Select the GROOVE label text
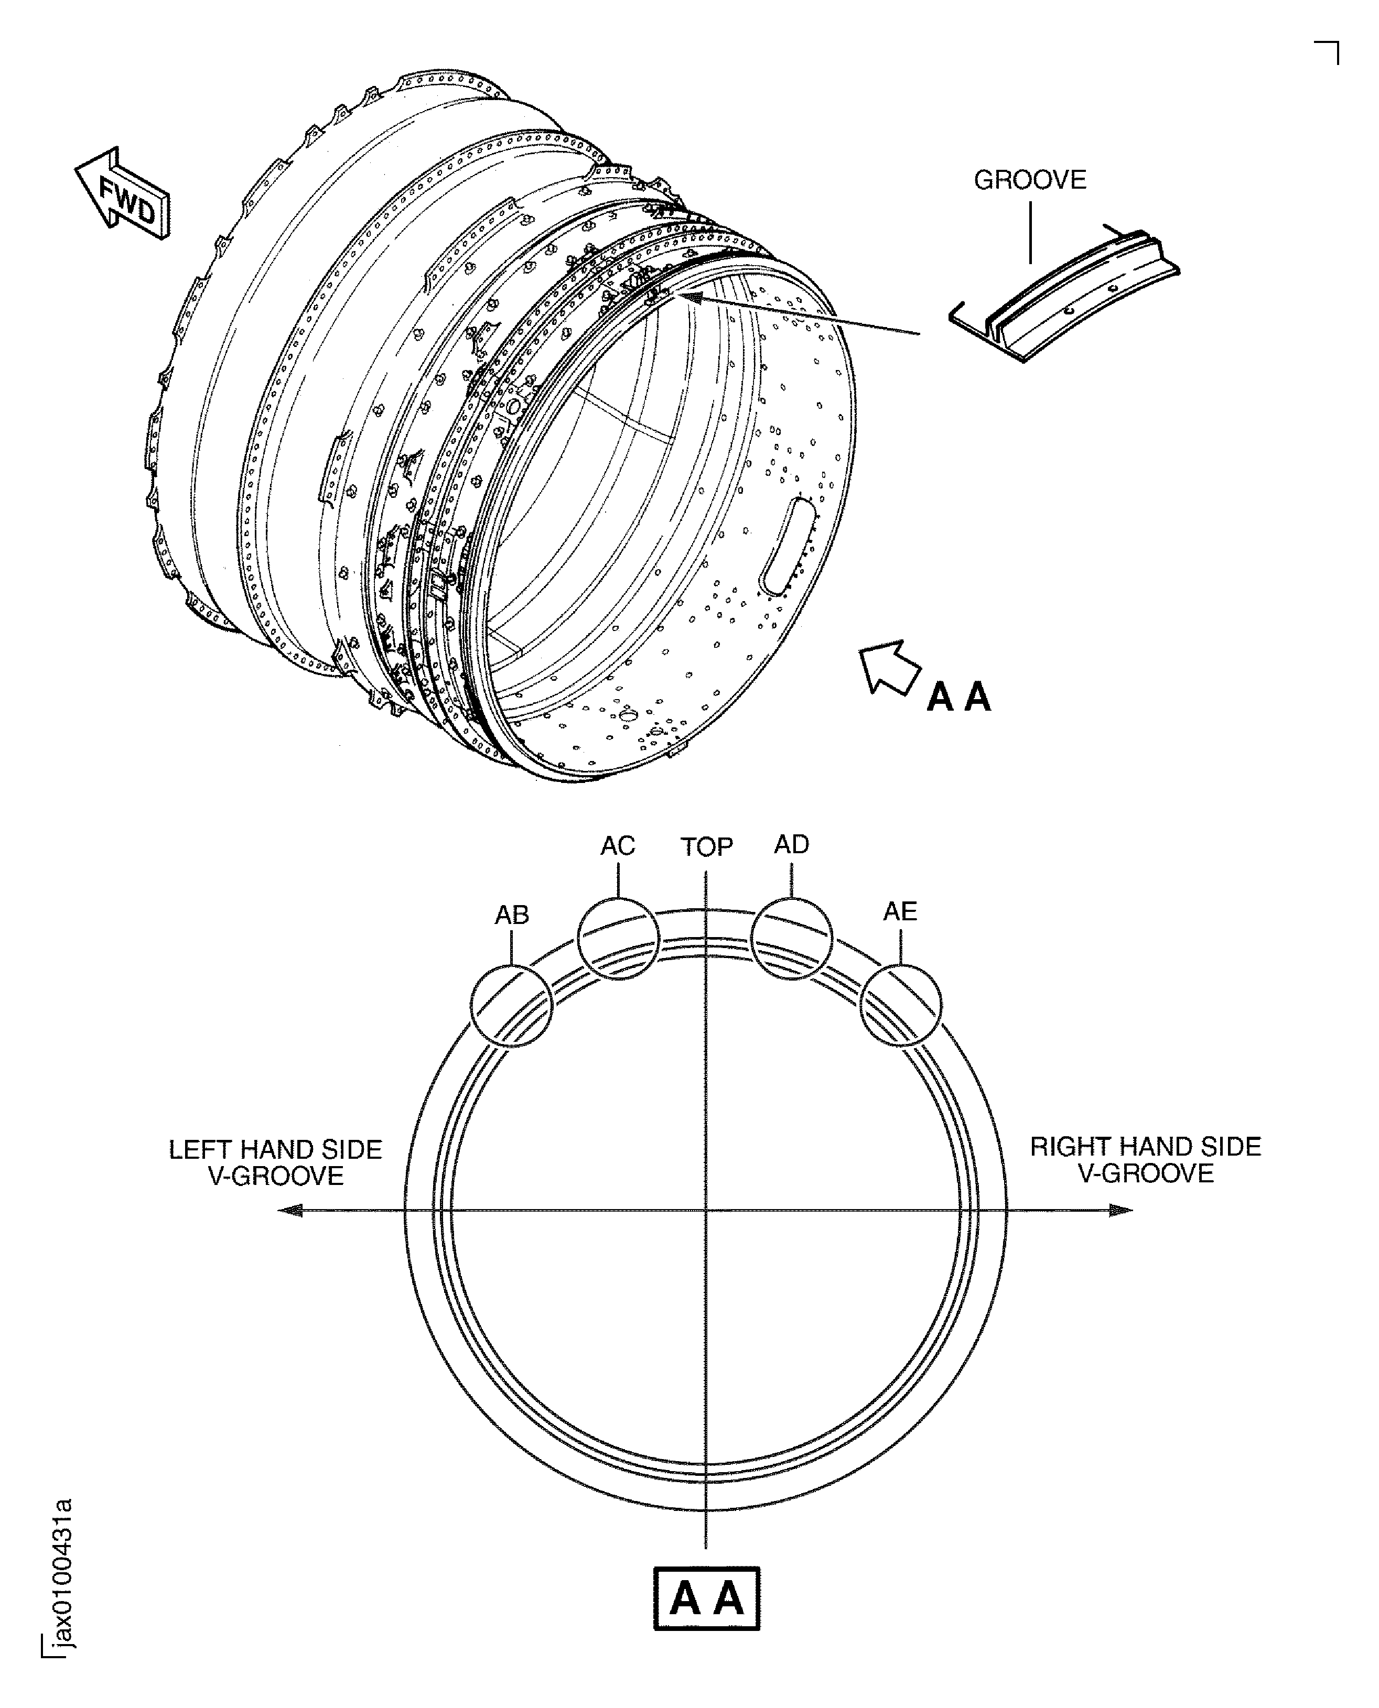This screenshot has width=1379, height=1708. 1029,180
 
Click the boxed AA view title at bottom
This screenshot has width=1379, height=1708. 706,1598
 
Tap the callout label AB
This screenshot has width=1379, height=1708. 512,916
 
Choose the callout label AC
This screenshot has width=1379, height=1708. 617,846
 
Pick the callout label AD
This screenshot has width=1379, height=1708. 791,845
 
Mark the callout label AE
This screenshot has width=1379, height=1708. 900,911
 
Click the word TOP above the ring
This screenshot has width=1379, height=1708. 706,847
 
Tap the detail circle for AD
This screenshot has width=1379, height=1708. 791,939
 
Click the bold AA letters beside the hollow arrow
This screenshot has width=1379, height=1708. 959,697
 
